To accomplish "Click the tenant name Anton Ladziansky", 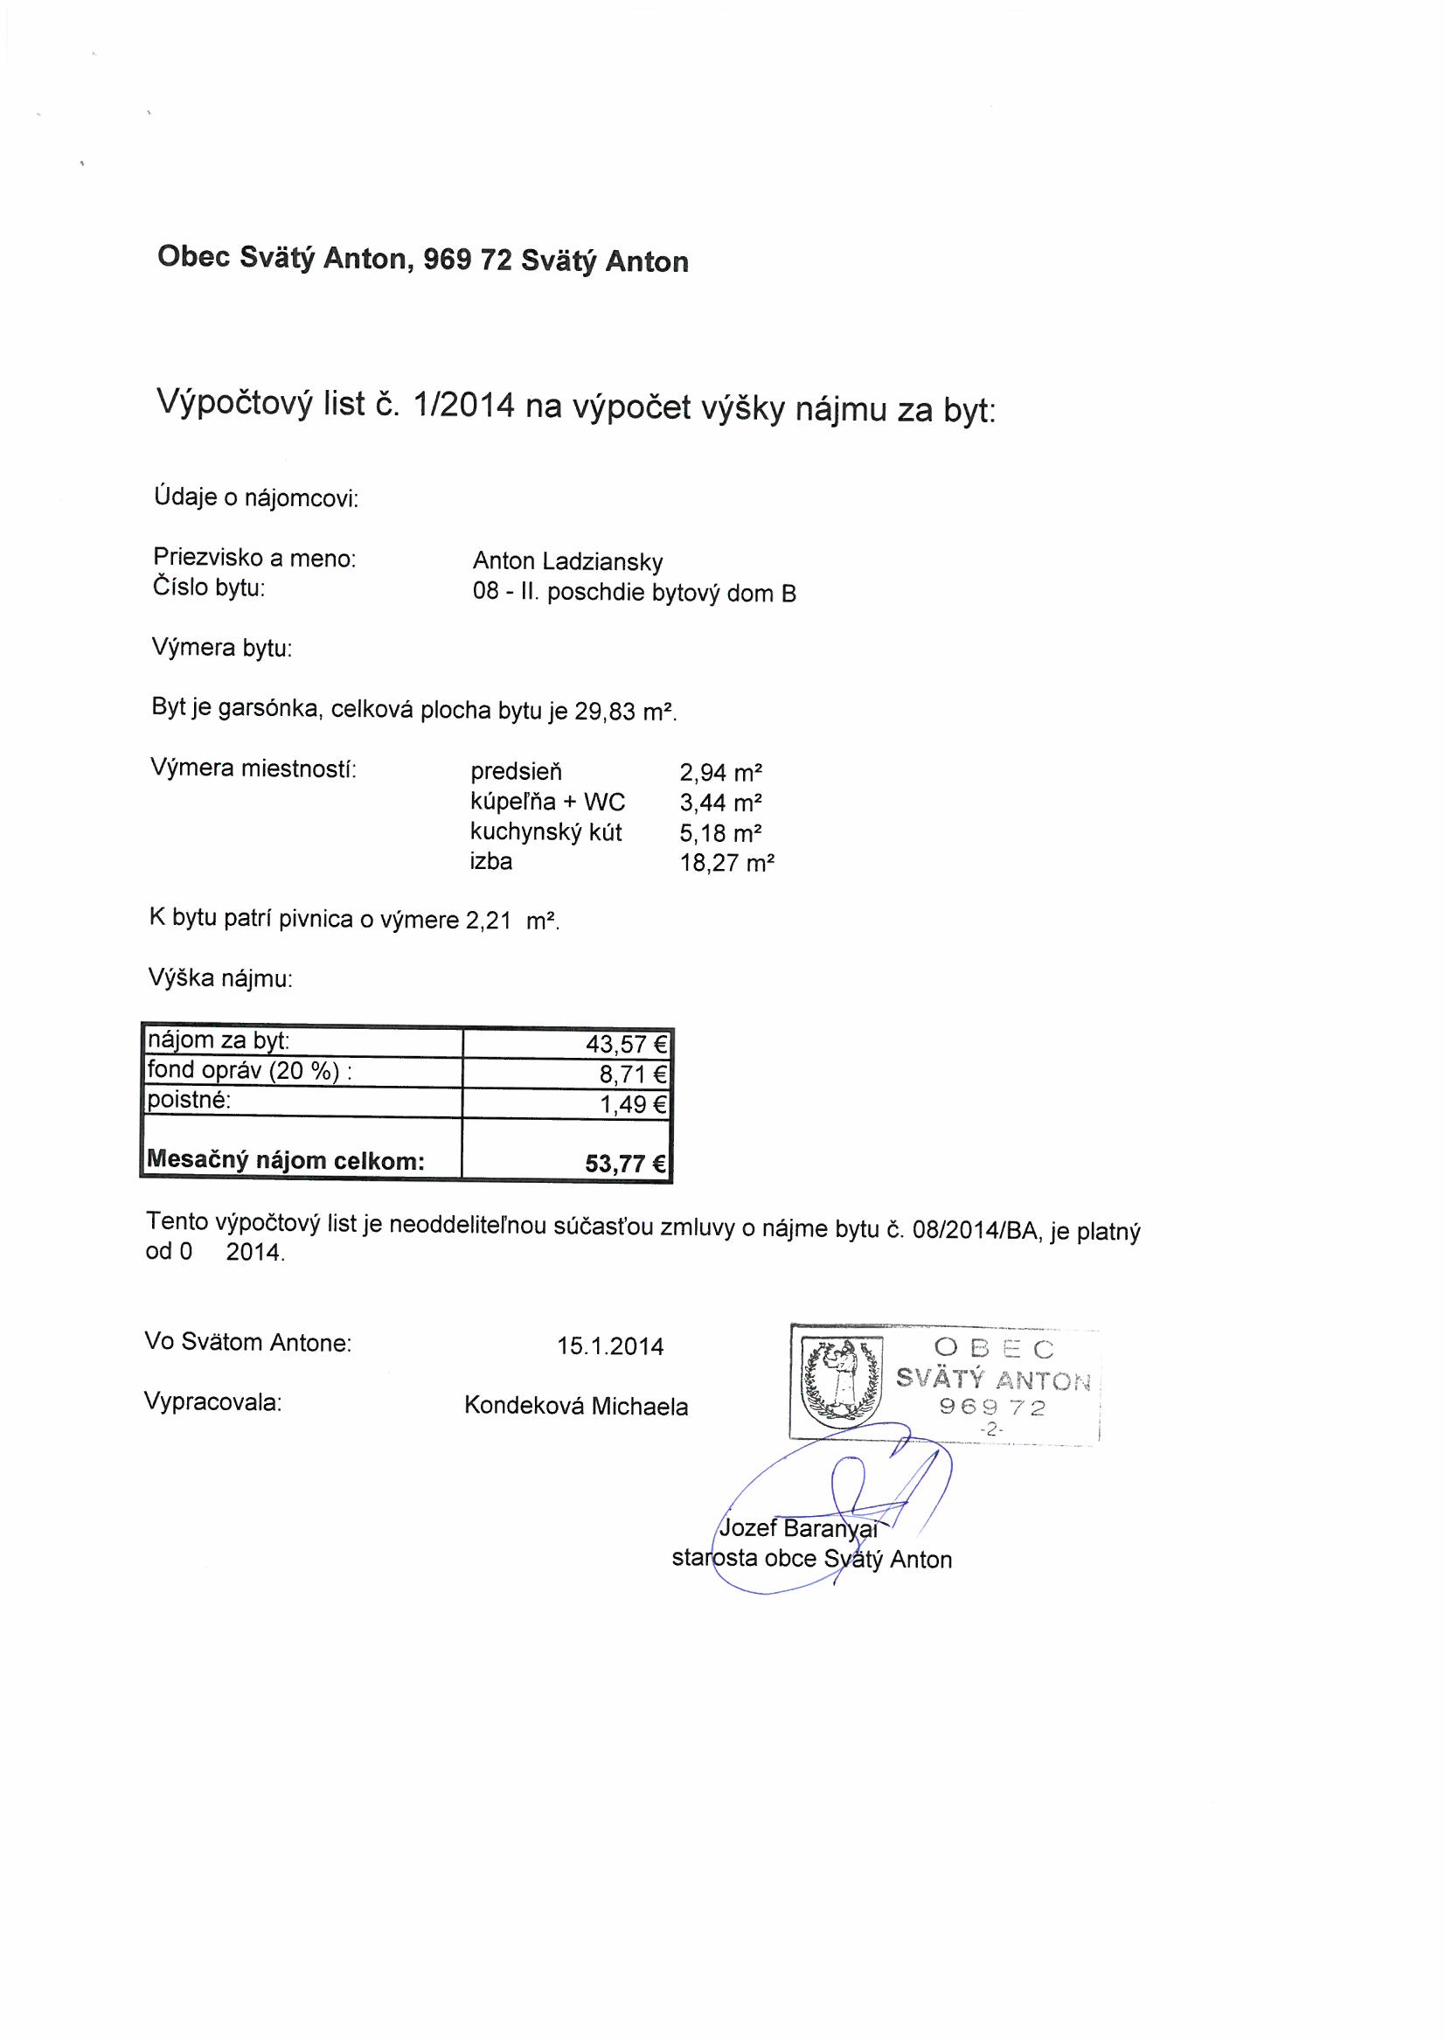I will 567,562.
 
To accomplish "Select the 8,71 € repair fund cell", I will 633,1074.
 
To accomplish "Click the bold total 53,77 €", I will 625,1163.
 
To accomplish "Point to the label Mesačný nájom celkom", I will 285,1160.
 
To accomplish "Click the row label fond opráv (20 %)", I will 248,1072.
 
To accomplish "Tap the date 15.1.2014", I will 610,1346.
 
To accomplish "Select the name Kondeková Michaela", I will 576,1407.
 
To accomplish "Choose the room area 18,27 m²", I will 726,863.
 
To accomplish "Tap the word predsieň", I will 517,771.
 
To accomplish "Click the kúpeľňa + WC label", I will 547,802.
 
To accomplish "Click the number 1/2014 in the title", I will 465,406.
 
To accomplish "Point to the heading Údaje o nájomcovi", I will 255,498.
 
